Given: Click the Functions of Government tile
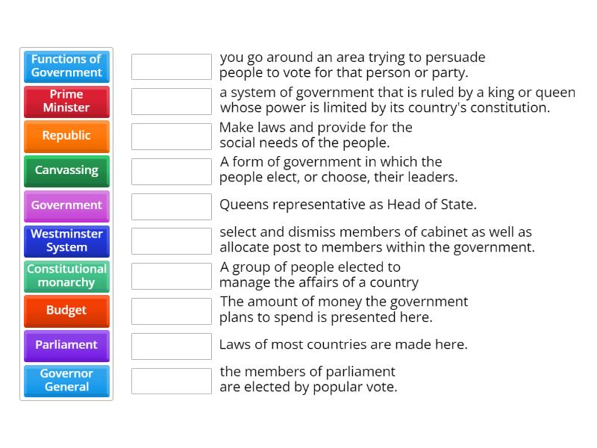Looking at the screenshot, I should [66, 66].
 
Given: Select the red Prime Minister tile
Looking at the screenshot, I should [66, 101].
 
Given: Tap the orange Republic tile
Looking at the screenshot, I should [66, 136].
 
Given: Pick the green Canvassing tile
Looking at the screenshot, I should [66, 170].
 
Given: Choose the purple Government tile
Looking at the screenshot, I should [66, 205].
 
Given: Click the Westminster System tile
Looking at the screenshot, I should [66, 240].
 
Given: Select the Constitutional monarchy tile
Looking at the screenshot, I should [66, 276].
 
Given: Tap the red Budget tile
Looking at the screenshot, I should [66, 311].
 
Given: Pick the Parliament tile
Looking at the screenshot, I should [66, 345].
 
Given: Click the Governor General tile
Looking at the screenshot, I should [66, 380].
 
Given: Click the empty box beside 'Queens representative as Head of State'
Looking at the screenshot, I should [172, 206].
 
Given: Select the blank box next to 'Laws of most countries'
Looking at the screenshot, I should [172, 346].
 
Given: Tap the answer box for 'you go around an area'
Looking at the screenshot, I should [172, 66].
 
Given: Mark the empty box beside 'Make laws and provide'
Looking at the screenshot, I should [172, 137].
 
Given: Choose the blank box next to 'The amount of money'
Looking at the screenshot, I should [172, 311].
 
